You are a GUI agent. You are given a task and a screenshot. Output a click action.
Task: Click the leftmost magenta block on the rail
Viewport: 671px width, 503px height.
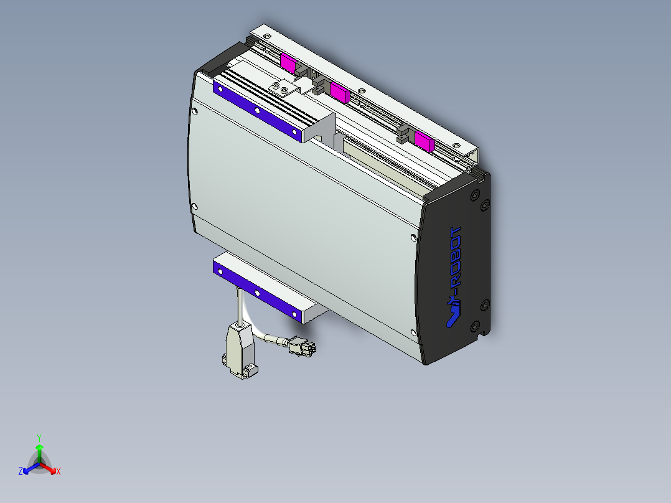289,62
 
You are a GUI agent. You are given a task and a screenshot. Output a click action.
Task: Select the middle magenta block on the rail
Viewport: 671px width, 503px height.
339,92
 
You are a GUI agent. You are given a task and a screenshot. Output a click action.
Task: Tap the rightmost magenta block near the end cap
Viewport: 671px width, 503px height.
424,141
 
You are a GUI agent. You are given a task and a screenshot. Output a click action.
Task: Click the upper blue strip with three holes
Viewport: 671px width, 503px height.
256,110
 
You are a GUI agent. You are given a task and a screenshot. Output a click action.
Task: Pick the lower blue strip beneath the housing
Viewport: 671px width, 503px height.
256,291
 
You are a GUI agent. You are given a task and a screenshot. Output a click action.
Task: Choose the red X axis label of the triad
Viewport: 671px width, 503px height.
59,472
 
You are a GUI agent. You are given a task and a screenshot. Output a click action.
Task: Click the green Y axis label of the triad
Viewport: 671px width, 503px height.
39,438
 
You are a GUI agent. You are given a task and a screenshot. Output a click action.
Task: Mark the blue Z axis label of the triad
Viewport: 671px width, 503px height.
21,472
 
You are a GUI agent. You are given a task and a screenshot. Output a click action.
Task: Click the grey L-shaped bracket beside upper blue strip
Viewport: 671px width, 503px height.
324,127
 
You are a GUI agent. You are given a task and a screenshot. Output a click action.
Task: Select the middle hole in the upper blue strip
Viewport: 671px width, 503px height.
256,110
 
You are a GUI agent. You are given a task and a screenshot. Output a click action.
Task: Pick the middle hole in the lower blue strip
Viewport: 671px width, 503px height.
256,291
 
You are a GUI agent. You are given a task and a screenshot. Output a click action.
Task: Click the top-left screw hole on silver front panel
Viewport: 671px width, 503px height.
196,113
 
